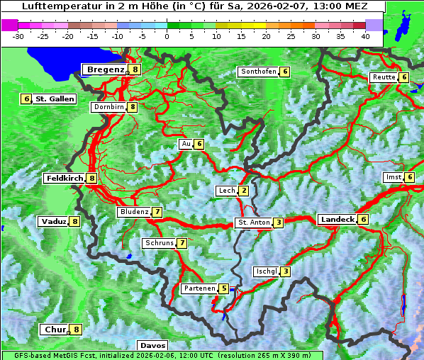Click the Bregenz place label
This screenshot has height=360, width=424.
click(106, 69)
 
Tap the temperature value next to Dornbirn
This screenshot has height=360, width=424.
click(133, 107)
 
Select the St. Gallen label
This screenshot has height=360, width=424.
click(55, 99)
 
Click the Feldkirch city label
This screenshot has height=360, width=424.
click(65, 179)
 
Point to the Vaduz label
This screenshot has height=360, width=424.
click(54, 221)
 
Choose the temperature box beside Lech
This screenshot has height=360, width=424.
click(244, 191)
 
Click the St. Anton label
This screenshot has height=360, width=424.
click(254, 223)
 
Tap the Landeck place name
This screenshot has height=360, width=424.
click(337, 220)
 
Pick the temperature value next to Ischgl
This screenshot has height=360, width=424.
click(285, 271)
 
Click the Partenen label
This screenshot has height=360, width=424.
click(199, 288)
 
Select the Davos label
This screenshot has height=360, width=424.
click(153, 345)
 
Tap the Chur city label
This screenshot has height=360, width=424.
click(55, 330)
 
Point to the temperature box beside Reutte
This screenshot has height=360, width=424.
click(404, 77)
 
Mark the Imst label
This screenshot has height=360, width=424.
click(393, 176)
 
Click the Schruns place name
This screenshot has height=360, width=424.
click(160, 243)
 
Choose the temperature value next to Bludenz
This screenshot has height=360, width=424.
click(157, 212)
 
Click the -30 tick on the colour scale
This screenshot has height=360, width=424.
click(18, 35)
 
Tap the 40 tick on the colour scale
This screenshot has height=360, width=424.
click(365, 35)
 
